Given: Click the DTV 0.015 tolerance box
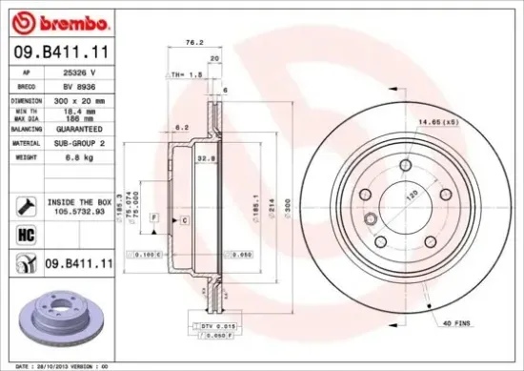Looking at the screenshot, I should click(x=218, y=327).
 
